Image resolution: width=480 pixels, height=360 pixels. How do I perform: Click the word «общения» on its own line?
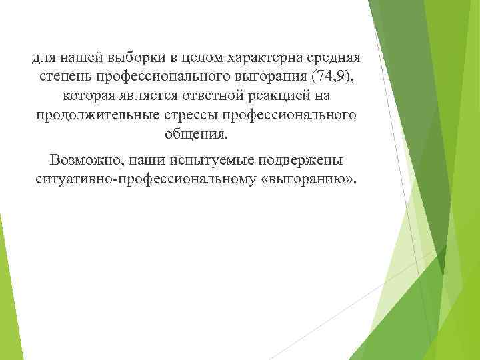tap(195, 135)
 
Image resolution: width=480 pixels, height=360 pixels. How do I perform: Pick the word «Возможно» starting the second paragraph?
tap(81, 161)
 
